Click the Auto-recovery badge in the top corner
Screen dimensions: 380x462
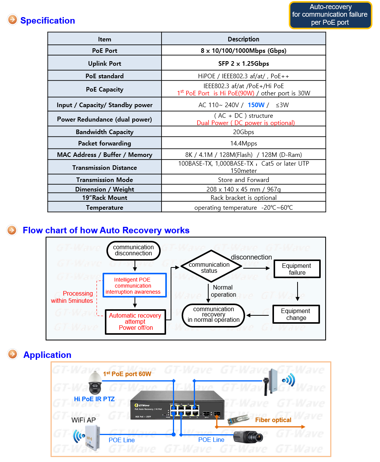point(331,15)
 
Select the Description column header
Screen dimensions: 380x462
point(244,39)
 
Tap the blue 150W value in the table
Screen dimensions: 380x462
point(256,105)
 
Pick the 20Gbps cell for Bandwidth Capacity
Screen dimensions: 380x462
point(244,132)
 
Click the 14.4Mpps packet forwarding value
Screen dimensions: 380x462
point(244,143)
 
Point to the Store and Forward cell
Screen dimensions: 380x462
point(244,180)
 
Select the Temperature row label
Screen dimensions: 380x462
point(104,207)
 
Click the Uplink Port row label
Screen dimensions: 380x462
point(104,63)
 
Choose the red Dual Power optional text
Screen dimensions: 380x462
point(245,123)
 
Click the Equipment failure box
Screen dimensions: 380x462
point(297,269)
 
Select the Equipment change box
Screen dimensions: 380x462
point(296,314)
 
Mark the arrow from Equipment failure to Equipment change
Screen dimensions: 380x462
point(298,291)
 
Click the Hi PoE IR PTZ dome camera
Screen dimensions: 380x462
point(95,383)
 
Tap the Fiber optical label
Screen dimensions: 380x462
point(273,420)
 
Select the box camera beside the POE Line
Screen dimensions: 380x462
point(248,437)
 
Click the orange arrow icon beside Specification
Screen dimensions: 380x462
point(13,20)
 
